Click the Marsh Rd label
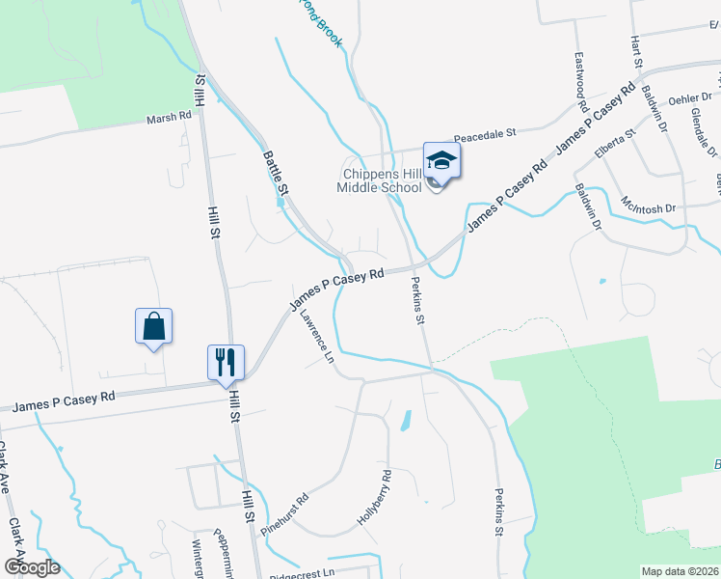point(170,117)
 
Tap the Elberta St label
point(616,144)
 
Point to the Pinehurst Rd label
point(289,510)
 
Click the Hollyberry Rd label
point(374,497)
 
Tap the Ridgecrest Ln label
point(301,571)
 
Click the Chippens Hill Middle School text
point(379,180)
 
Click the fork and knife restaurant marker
point(226,363)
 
